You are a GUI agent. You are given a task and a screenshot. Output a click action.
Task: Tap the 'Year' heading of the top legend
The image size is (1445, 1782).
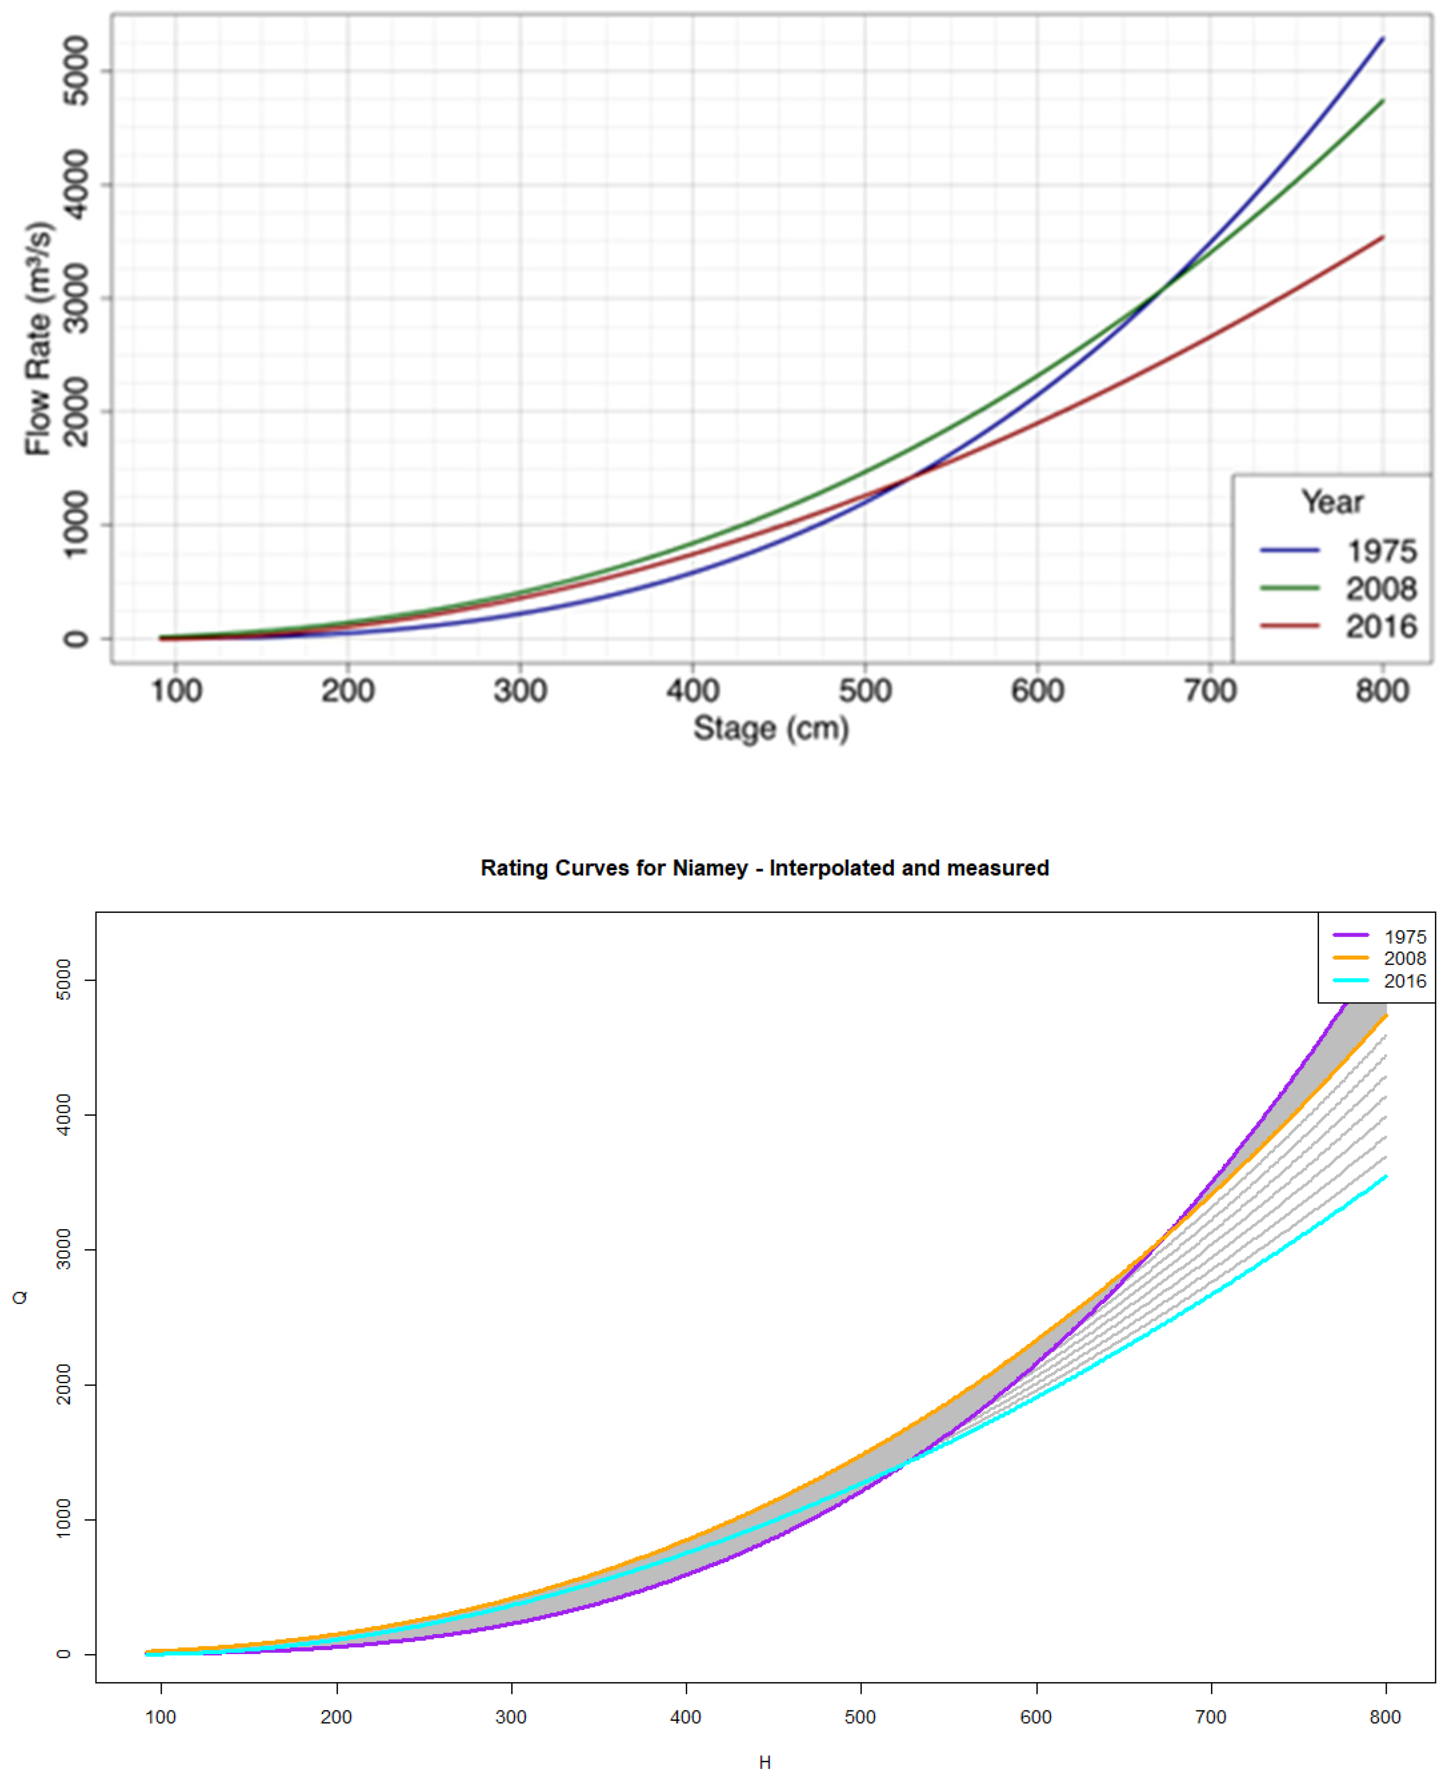pos(1332,502)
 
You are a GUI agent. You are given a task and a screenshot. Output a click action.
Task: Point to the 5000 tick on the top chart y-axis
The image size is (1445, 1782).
pos(76,71)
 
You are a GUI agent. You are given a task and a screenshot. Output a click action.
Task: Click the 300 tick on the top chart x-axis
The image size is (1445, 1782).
pos(520,690)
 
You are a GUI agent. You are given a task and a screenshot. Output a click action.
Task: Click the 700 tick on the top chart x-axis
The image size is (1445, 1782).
pos(1209,690)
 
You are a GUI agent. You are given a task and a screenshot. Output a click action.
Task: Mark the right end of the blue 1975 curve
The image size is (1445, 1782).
pos(1382,38)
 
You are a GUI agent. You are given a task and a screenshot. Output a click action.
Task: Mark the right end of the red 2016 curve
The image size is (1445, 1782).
pos(1382,237)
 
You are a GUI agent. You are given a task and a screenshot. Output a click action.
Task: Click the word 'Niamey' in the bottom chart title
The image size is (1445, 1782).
pos(709,868)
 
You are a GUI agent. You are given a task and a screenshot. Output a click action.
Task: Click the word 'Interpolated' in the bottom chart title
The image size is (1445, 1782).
pos(832,868)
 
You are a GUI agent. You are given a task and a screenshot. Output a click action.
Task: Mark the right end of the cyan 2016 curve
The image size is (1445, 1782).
pos(1385,1176)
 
